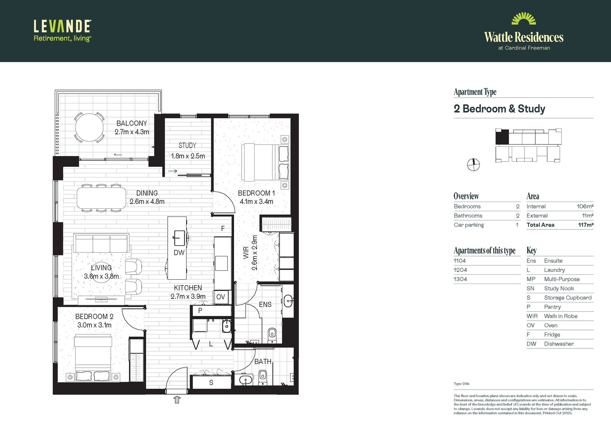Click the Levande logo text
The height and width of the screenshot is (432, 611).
pyautogui.click(x=62, y=26)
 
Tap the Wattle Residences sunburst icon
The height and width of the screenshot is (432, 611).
pyautogui.click(x=523, y=19)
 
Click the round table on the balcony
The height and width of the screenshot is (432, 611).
pyautogui.click(x=90, y=128)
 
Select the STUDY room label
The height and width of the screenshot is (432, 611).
pyautogui.click(x=187, y=146)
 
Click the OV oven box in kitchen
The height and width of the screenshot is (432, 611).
pyautogui.click(x=220, y=297)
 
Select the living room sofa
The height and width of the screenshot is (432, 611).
pyautogui.click(x=101, y=242)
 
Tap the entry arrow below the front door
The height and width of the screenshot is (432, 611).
pyautogui.click(x=177, y=399)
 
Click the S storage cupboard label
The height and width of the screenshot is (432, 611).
pyautogui.click(x=211, y=383)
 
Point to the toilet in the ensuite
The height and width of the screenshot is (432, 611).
pyautogui.click(x=272, y=334)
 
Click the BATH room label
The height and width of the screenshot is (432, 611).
pyautogui.click(x=263, y=362)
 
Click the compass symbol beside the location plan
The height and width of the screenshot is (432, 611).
pyautogui.click(x=473, y=164)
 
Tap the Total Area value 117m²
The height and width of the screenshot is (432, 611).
pyautogui.click(x=585, y=225)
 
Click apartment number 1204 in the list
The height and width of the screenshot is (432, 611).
pyautogui.click(x=460, y=270)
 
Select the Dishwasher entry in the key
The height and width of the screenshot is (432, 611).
pyautogui.click(x=559, y=344)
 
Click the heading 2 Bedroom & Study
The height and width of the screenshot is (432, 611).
pyautogui.click(x=499, y=109)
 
